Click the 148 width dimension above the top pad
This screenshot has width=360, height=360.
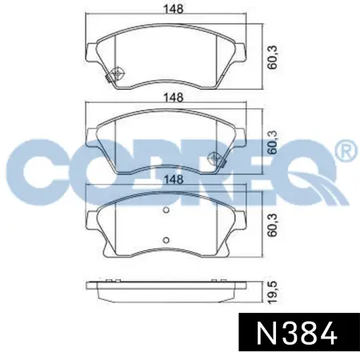174,10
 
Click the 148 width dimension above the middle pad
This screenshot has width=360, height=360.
174,98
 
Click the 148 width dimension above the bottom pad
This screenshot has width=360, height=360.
174,179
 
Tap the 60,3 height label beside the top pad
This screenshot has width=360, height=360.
273,58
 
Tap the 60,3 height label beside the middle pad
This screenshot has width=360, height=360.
273,142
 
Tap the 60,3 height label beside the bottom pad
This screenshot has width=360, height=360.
273,225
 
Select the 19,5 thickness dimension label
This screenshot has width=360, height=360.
273,292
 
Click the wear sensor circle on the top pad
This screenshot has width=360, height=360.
118,73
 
